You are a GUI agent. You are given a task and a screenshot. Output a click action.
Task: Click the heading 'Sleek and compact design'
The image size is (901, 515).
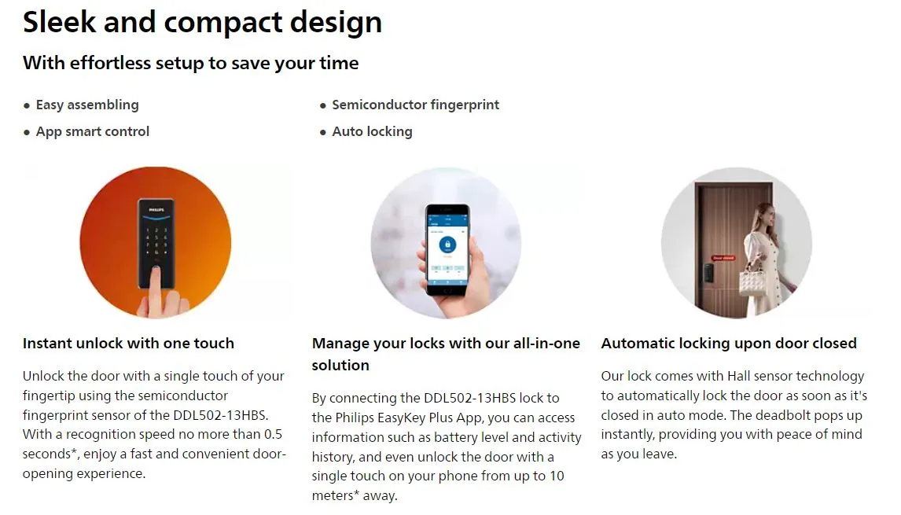pyautogui.click(x=202, y=23)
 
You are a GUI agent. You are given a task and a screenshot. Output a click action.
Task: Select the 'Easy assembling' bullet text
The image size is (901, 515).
pyautogui.click(x=87, y=105)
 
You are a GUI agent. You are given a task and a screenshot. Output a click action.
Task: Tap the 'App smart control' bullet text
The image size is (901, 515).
pyautogui.click(x=93, y=131)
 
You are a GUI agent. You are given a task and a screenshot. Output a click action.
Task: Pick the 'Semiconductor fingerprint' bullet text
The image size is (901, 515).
pyautogui.click(x=415, y=105)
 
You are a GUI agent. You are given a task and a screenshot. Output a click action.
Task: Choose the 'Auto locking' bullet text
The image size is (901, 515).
pyautogui.click(x=373, y=131)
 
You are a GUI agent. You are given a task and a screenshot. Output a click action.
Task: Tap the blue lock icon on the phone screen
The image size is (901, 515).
pyautogui.click(x=447, y=245)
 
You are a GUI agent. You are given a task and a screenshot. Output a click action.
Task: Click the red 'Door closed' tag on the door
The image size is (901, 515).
pyautogui.click(x=723, y=258)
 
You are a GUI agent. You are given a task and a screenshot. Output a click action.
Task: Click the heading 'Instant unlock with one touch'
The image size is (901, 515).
pyautogui.click(x=129, y=343)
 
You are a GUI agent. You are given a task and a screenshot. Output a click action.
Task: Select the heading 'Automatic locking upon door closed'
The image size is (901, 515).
pyautogui.click(x=729, y=343)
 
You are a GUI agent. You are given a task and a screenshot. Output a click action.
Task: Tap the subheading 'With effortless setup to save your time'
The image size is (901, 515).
pyautogui.click(x=191, y=63)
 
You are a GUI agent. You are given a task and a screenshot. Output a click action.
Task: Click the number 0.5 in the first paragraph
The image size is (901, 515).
pyautogui.click(x=273, y=434)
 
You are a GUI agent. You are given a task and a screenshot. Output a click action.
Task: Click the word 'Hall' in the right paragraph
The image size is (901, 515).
pyautogui.click(x=739, y=376)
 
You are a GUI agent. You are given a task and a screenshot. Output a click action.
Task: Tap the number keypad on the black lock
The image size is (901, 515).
pyautogui.click(x=156, y=241)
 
